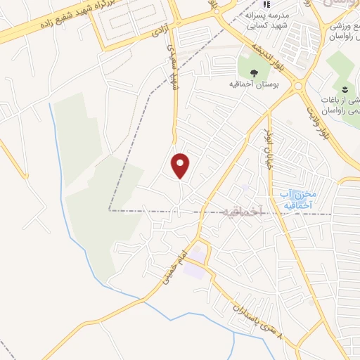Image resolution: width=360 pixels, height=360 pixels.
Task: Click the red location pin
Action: point(181,165)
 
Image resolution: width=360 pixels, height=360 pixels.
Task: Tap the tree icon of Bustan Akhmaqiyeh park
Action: point(254,73)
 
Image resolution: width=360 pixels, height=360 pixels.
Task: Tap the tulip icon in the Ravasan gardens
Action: point(345,88)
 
